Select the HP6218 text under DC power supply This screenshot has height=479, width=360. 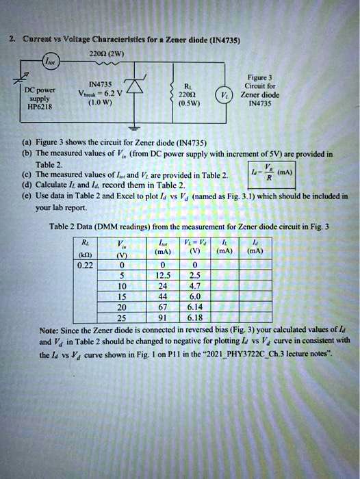[35, 107]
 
